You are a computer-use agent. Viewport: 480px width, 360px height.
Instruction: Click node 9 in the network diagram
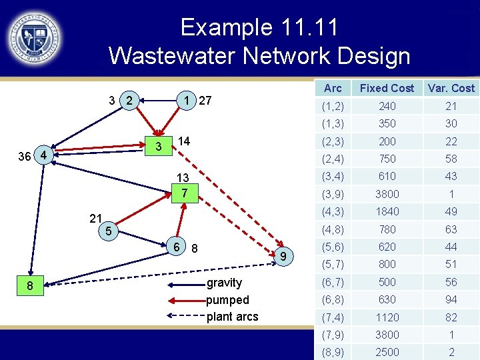[x=283, y=257]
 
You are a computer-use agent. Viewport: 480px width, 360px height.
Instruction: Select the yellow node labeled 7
[x=185, y=194]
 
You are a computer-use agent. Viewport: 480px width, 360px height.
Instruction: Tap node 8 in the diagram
[x=29, y=286]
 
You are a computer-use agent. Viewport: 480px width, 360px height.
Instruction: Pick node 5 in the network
[x=109, y=231]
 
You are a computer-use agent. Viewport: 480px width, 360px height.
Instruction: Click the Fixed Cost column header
[x=387, y=88]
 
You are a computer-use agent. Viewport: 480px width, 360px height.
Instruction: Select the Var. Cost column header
[x=451, y=88]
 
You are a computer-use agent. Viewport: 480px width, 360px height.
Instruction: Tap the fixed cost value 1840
[x=387, y=211]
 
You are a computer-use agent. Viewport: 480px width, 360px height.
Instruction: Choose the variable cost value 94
[x=451, y=300]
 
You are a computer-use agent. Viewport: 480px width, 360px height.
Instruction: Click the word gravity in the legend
[x=225, y=283]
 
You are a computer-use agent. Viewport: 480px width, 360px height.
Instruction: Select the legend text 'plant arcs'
[x=232, y=316]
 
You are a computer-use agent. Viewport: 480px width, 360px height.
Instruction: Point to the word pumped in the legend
[x=227, y=299]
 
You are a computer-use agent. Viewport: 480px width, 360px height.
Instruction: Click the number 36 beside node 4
[x=24, y=156]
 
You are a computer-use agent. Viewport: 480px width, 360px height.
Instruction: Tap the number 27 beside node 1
[x=205, y=101]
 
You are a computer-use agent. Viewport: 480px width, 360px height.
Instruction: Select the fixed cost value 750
[x=387, y=159]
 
